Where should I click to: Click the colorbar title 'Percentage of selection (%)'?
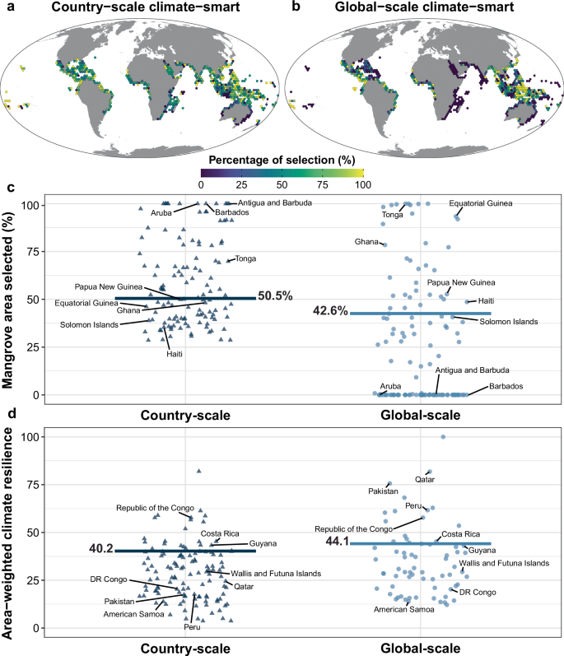click(x=282, y=158)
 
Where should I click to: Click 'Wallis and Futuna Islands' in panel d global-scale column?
click(x=503, y=563)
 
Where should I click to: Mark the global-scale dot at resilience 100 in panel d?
click(x=443, y=437)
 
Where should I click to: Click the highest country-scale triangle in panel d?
click(x=198, y=471)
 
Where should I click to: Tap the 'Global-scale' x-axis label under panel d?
click(x=420, y=645)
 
